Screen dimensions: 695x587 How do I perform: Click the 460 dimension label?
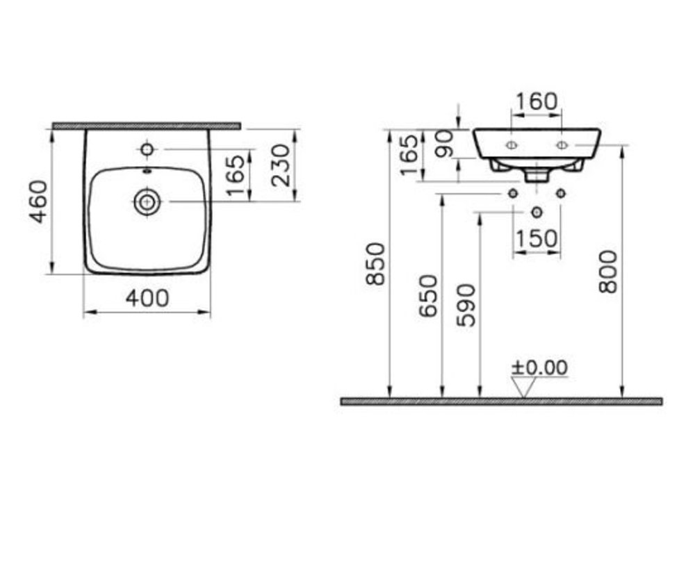(38, 201)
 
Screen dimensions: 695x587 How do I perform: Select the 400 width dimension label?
(147, 298)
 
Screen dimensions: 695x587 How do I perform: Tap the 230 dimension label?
(281, 165)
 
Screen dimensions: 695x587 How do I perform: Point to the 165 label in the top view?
(236, 175)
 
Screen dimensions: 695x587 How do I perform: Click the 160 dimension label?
(536, 101)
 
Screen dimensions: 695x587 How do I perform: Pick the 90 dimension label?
(445, 144)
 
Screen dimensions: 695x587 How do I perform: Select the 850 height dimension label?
(375, 263)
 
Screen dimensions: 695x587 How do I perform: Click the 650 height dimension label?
(428, 295)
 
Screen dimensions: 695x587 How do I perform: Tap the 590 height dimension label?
(466, 305)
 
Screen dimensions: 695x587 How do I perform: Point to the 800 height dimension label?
(607, 271)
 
